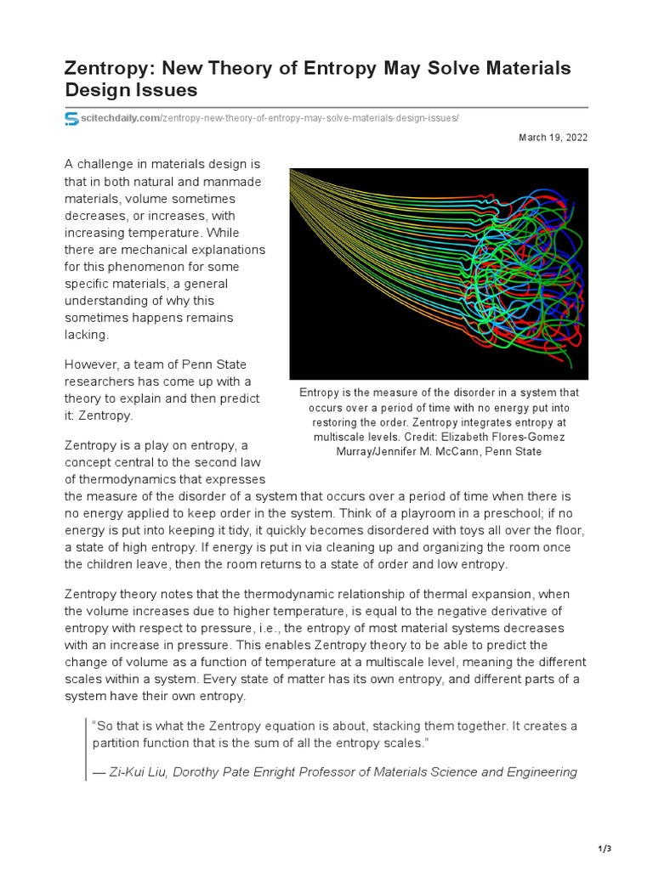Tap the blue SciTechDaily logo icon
pyautogui.click(x=71, y=118)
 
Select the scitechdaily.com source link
pyautogui.click(x=119, y=117)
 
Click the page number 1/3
pyautogui.click(x=605, y=849)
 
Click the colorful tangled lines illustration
pyautogui.click(x=438, y=274)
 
